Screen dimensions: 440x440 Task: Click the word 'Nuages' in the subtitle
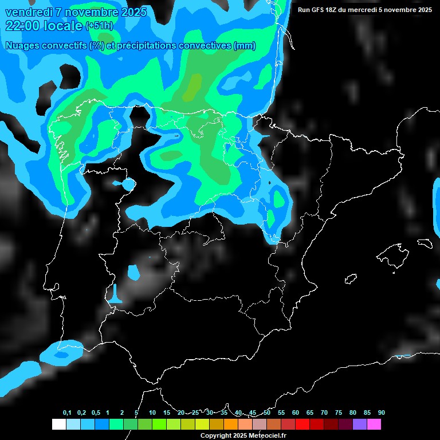[23, 46]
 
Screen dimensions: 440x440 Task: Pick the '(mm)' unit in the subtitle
[245, 46]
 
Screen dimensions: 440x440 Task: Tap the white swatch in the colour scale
[58, 425]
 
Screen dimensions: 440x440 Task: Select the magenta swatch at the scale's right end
[374, 425]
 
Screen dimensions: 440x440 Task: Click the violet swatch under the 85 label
[360, 425]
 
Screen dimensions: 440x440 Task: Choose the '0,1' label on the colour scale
[67, 413]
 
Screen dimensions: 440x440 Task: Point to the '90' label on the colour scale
[381, 413]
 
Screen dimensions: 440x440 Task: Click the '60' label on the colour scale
[296, 413]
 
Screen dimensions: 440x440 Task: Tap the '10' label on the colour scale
[152, 413]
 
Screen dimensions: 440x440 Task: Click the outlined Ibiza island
[351, 278]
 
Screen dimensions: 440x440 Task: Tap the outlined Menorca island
[425, 243]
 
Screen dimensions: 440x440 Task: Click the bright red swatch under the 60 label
[302, 425]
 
